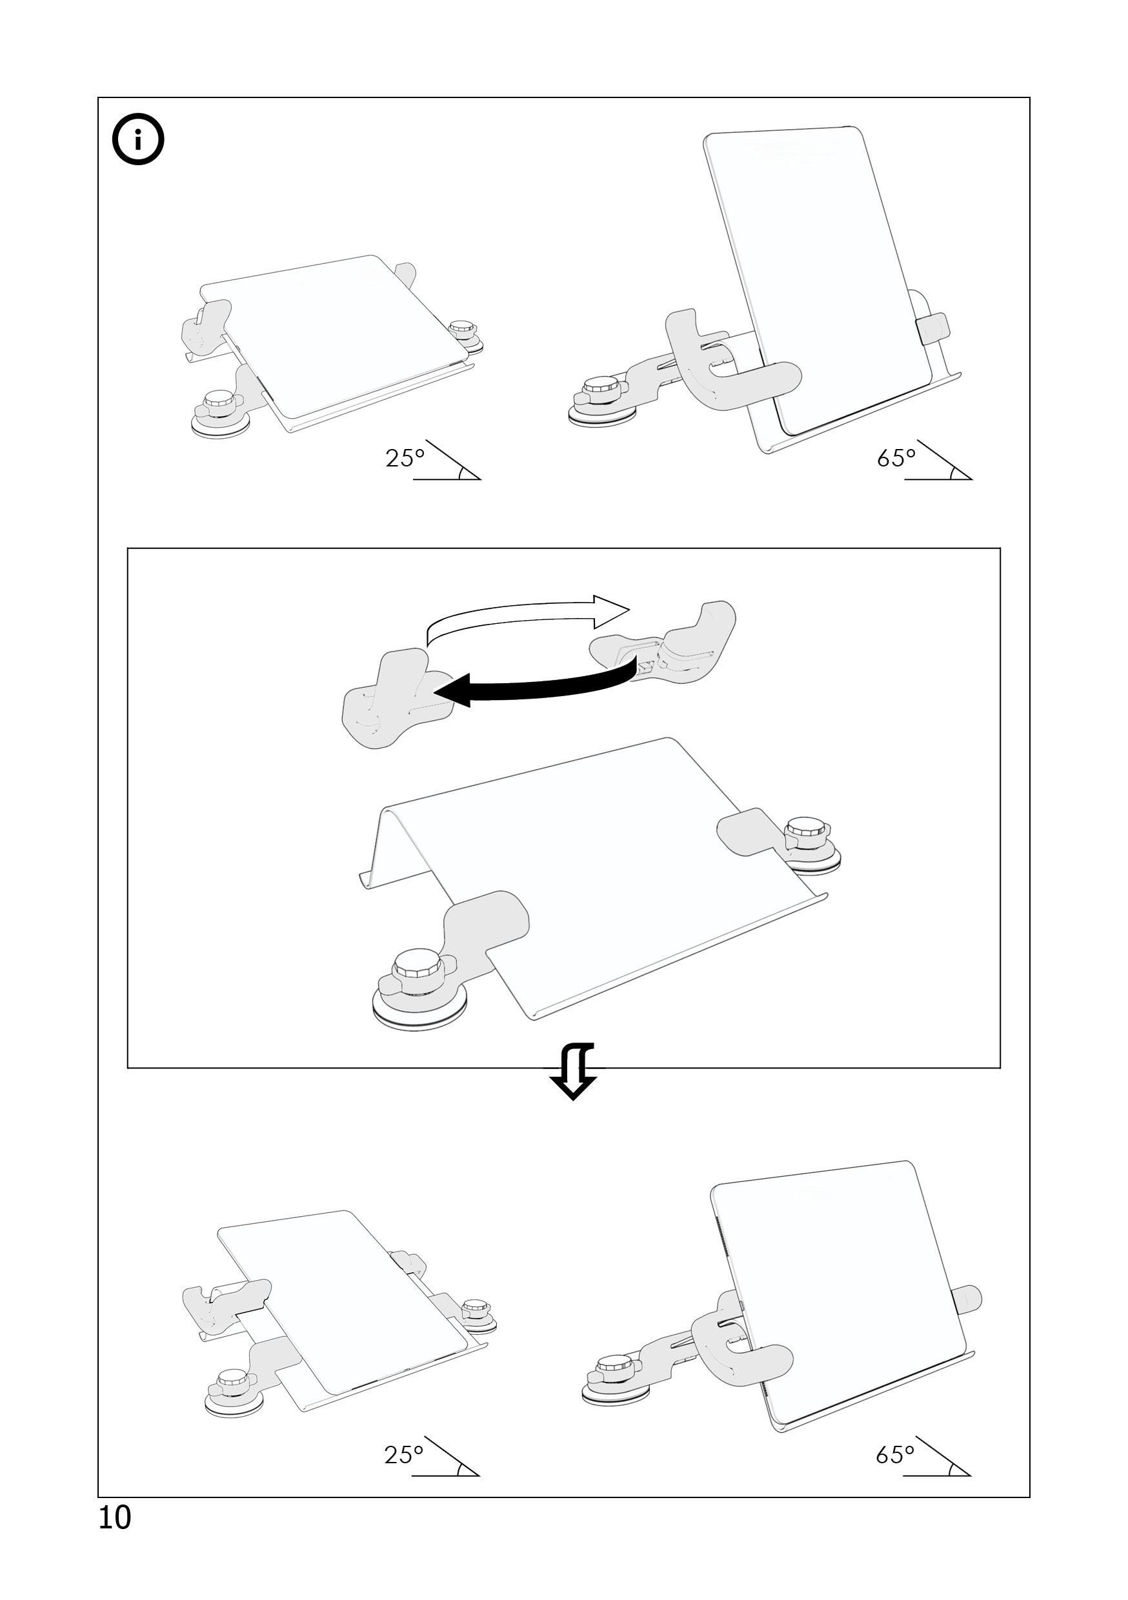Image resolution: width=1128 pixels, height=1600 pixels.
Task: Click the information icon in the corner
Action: pyautogui.click(x=138, y=139)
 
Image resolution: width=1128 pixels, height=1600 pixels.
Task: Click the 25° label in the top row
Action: pyautogui.click(x=405, y=458)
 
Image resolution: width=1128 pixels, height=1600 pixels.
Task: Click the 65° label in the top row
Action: pyautogui.click(x=896, y=458)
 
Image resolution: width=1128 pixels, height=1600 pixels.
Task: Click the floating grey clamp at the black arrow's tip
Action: pyautogui.click(x=394, y=701)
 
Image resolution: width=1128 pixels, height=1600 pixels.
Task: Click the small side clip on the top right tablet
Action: pyautogui.click(x=933, y=328)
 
